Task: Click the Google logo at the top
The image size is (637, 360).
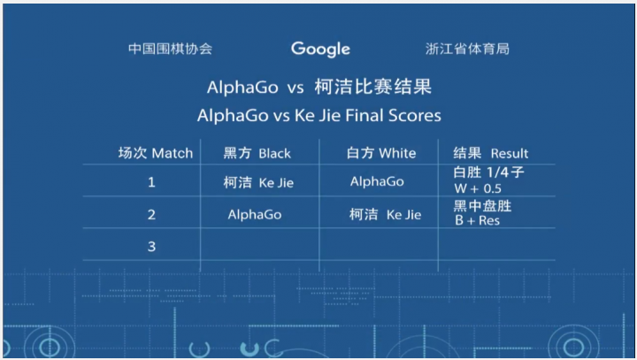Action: pyautogui.click(x=320, y=50)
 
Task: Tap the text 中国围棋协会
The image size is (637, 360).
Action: pyautogui.click(x=170, y=49)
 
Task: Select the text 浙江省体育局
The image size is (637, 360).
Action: pyautogui.click(x=467, y=49)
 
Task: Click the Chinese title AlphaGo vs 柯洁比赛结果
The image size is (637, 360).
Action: pyautogui.click(x=318, y=87)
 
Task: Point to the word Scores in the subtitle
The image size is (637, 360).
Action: pyautogui.click(x=415, y=115)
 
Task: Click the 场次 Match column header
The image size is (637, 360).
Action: pyautogui.click(x=156, y=153)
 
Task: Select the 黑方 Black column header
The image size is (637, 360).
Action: pyautogui.click(x=257, y=153)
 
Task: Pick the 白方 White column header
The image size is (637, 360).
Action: pyautogui.click(x=381, y=153)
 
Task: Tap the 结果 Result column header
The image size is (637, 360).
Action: pyautogui.click(x=491, y=153)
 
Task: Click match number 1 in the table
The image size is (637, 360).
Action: pyautogui.click(x=151, y=182)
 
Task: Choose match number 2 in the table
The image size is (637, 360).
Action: pyautogui.click(x=151, y=214)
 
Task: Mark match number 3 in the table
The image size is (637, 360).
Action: pyautogui.click(x=151, y=246)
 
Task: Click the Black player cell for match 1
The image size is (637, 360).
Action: pyautogui.click(x=258, y=182)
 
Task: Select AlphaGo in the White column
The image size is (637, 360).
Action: pyautogui.click(x=377, y=181)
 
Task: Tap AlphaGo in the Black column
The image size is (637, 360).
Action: pyautogui.click(x=255, y=214)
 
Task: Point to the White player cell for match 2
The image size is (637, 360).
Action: pyautogui.click(x=385, y=214)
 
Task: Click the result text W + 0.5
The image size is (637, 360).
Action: pyautogui.click(x=478, y=188)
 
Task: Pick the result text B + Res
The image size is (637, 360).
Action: pyautogui.click(x=478, y=220)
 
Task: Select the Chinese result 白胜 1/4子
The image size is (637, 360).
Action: pyautogui.click(x=488, y=172)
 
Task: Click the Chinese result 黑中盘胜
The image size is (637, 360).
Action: pyautogui.click(x=483, y=206)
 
